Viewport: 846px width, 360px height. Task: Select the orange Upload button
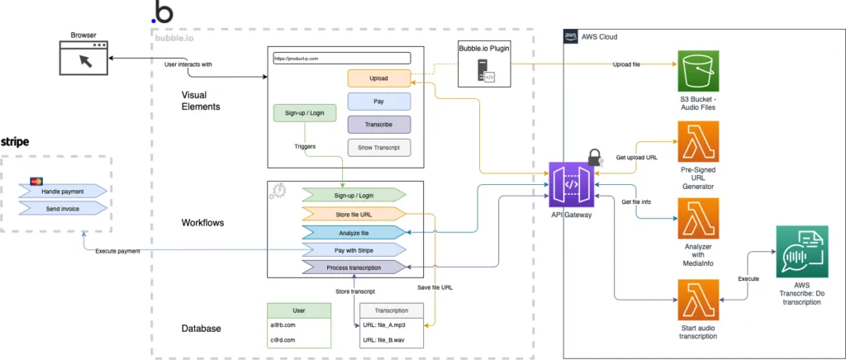[379, 78]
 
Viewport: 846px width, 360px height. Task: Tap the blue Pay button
[379, 102]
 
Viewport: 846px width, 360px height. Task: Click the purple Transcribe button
[379, 125]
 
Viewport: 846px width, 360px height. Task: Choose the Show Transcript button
[379, 148]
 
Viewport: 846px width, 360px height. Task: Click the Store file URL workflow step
[354, 214]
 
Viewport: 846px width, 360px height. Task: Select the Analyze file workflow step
[354, 232]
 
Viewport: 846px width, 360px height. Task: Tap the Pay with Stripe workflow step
[354, 249]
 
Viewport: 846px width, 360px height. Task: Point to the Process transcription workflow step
[354, 267]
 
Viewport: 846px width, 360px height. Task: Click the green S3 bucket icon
[698, 72]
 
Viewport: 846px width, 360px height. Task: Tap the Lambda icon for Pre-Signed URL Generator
[698, 142]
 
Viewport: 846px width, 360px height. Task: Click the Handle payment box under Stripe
[63, 192]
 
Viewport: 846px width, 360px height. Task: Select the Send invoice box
[63, 209]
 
